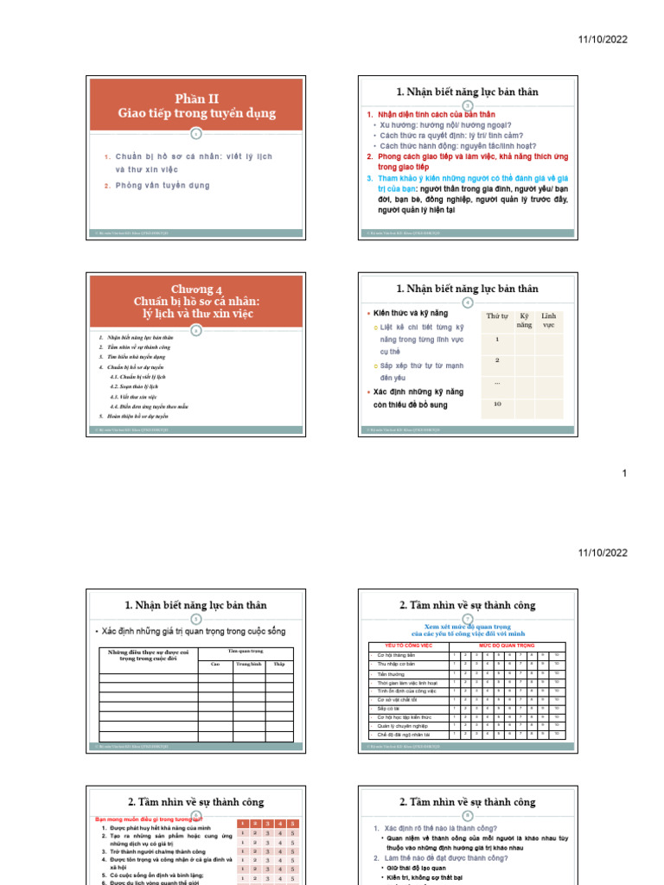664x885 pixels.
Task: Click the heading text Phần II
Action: (x=196, y=99)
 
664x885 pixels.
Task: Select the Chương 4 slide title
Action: (x=196, y=289)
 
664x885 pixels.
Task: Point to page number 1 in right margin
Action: (x=625, y=473)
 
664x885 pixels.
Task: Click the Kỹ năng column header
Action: (x=525, y=320)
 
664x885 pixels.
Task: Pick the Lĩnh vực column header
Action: (x=548, y=320)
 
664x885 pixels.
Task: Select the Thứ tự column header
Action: (x=497, y=317)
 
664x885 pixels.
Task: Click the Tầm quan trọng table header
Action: (x=246, y=651)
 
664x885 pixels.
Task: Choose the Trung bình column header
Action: (x=249, y=664)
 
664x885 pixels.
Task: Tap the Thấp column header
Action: (x=279, y=664)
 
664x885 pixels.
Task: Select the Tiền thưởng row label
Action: (x=392, y=673)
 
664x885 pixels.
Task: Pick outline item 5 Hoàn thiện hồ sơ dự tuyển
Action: (x=133, y=416)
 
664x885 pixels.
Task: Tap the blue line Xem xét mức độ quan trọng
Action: (x=467, y=627)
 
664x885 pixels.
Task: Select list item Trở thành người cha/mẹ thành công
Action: (x=155, y=851)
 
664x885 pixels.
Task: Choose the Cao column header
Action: (x=215, y=664)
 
